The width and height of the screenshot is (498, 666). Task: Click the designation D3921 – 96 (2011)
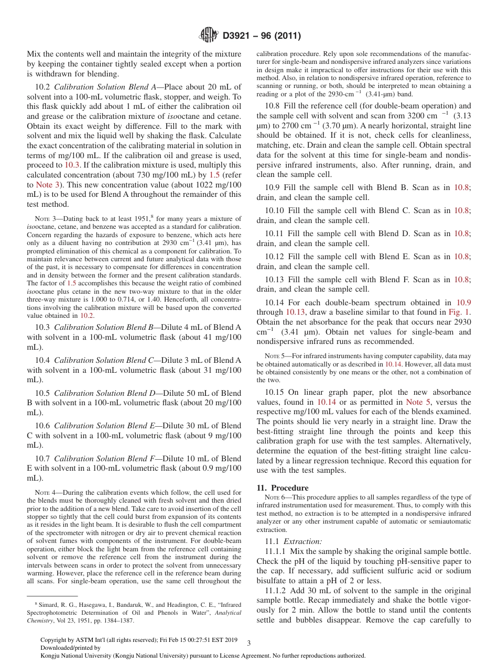[x=262, y=36]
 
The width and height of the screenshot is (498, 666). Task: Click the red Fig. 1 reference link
[x=459, y=312]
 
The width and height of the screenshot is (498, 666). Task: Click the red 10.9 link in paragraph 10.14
[x=463, y=302]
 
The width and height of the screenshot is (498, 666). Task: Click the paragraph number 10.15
[x=275, y=393]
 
